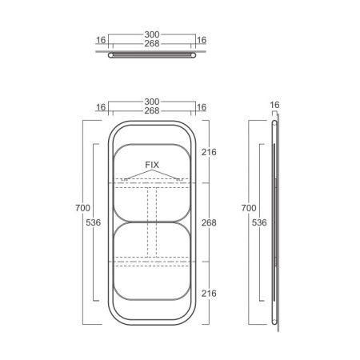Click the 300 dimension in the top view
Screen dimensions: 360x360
pos(152,34)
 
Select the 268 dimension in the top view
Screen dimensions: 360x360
pos(152,43)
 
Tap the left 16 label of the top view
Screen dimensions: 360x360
pos(101,40)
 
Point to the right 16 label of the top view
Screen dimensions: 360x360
pos(202,40)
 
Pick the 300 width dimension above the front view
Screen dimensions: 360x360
pos(152,102)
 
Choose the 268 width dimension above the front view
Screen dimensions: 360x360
pos(152,110)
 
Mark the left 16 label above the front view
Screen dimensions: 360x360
pos(101,107)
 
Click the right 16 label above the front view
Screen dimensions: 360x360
pos(202,107)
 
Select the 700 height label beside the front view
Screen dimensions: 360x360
pos(82,208)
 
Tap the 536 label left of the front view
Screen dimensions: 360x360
pos(94,222)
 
